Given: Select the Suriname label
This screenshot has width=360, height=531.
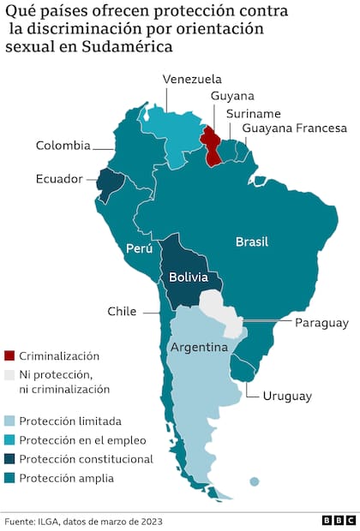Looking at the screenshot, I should point(253,113).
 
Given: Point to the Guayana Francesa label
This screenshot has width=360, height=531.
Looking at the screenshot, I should point(294,128).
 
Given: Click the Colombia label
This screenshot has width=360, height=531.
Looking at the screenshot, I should point(63,146).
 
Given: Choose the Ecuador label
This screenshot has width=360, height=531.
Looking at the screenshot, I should point(59,179).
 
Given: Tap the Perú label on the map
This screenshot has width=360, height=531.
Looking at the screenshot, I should point(138,249).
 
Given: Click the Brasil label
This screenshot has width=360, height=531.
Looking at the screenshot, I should point(252,242).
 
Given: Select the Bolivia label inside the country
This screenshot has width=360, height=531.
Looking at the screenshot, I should point(187,277).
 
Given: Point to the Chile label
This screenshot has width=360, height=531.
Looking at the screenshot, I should point(122,312).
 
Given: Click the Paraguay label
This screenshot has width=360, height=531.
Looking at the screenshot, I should point(321,323).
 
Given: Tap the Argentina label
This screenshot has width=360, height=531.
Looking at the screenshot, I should point(198,348).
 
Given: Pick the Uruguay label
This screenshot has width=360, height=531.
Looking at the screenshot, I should point(287,396).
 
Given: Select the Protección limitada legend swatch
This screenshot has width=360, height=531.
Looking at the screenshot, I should point(9,421).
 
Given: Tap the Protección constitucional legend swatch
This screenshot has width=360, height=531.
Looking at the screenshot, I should point(9,459).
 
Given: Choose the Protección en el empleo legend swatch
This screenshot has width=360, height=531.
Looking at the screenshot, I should point(9,440).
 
